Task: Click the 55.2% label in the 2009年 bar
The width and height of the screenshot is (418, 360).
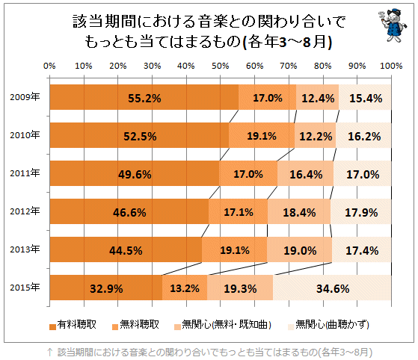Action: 145,98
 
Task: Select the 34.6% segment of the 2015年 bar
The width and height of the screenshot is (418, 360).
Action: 333,288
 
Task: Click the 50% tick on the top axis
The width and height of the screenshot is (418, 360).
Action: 221,66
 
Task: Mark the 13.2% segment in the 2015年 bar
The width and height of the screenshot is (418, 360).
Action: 185,288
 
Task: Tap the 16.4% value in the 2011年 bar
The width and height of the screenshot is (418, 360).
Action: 306,174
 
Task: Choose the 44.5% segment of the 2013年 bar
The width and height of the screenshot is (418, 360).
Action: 126,250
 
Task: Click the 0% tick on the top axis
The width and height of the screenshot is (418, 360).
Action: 50,66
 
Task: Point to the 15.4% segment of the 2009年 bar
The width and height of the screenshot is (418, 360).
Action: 366,98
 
